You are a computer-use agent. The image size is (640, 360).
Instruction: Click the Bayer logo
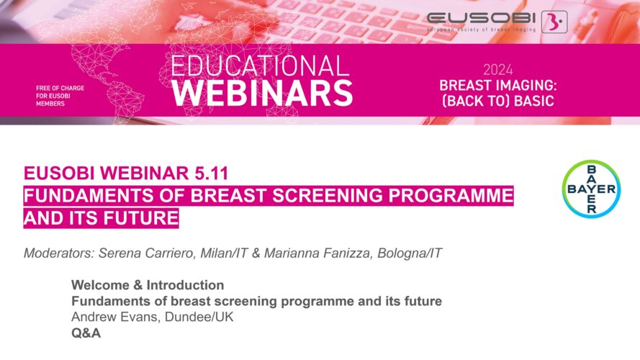tap(592, 189)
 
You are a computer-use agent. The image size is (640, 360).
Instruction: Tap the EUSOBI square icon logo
tap(554, 22)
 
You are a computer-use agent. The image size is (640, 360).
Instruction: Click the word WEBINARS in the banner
tap(262, 94)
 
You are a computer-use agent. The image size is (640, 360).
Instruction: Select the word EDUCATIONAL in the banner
tap(260, 66)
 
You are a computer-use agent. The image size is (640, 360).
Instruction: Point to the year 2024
tap(497, 70)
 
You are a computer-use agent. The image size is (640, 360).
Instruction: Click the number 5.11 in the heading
tap(211, 173)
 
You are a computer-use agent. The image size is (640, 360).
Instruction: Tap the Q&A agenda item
tap(86, 333)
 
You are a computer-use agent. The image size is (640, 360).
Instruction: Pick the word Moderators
tap(59, 253)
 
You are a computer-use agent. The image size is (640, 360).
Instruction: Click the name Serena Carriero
tap(147, 253)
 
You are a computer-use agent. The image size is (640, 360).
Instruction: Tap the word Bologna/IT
tap(410, 253)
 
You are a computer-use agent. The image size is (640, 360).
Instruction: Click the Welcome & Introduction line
tap(148, 285)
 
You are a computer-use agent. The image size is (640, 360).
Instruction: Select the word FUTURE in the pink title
tap(140, 217)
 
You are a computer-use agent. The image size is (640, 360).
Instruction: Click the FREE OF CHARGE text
tap(60, 88)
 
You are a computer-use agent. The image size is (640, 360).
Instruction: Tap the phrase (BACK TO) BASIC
tap(498, 101)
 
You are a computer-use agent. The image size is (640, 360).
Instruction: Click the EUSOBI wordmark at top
tap(481, 18)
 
